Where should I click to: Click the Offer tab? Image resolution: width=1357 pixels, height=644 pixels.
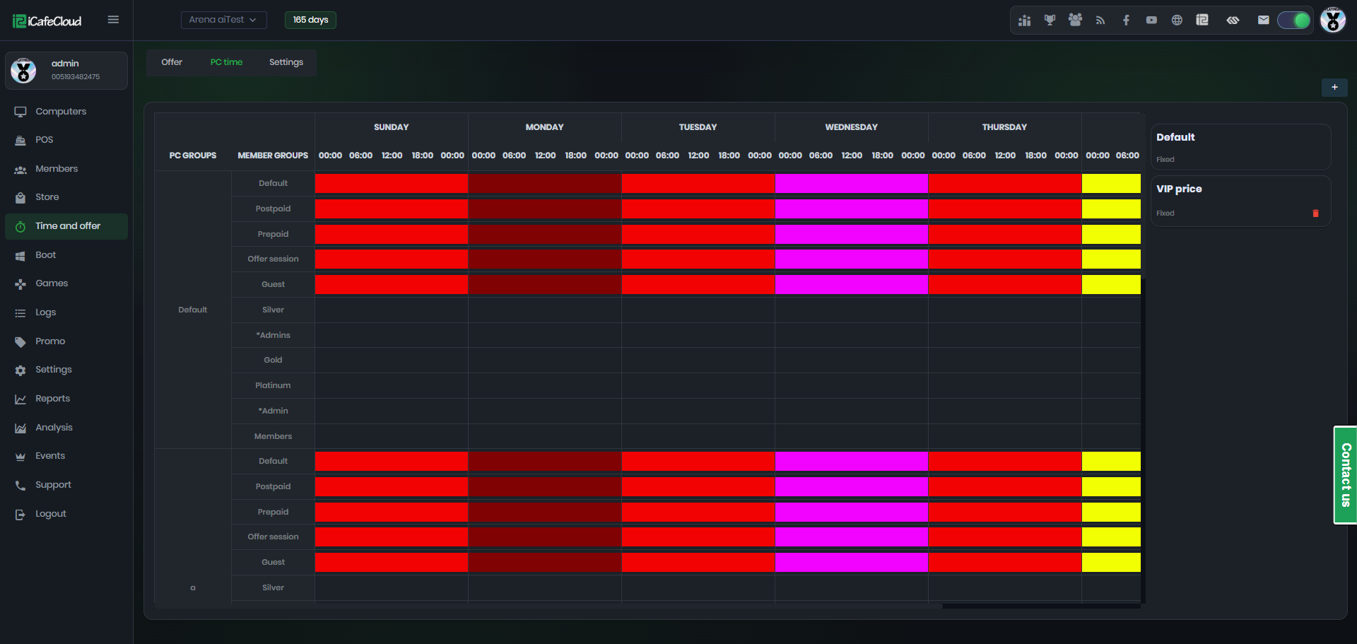point(172,62)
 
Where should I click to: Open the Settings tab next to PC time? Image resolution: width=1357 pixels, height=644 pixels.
point(286,62)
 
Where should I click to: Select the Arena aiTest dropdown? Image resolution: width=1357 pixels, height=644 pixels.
point(223,20)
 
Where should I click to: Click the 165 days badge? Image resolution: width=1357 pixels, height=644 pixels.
point(310,20)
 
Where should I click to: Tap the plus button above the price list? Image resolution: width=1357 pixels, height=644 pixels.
point(1334,87)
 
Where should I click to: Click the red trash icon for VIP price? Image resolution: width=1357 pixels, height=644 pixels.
point(1315,213)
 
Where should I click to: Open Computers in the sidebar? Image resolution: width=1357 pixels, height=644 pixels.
point(61,112)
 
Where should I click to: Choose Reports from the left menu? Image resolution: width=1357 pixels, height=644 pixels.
point(52,399)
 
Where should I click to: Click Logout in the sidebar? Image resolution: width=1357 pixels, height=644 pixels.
point(50,514)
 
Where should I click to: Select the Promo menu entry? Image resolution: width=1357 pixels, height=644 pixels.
point(49,341)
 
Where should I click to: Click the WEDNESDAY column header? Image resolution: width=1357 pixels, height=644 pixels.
point(851,127)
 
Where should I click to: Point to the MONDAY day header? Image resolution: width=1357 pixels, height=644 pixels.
point(544,127)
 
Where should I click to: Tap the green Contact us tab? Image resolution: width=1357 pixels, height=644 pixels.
point(1346,475)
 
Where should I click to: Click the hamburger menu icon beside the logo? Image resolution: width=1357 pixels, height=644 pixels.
point(113,20)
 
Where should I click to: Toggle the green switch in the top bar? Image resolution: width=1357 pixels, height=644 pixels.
point(1294,20)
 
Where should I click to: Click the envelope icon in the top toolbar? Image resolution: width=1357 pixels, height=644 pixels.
point(1264,20)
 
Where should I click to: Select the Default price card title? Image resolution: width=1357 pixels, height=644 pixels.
point(1175,137)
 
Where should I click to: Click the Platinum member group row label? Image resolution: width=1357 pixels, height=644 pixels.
point(273,385)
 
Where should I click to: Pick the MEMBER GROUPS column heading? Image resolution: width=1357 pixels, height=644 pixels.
point(273,156)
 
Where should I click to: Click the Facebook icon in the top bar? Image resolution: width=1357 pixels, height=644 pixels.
point(1126,20)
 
